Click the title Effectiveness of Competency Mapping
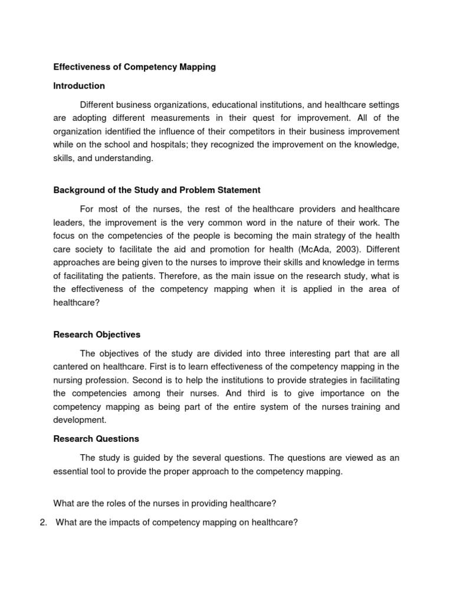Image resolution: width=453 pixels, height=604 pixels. coord(134,67)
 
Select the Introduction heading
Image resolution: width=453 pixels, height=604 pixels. coord(79,86)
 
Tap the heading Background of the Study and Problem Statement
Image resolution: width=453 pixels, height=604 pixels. coord(157,190)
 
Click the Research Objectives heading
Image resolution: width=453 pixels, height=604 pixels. coord(97,334)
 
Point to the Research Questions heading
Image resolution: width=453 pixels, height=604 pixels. coord(96,439)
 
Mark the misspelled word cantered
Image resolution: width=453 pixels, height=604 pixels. coord(71,367)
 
